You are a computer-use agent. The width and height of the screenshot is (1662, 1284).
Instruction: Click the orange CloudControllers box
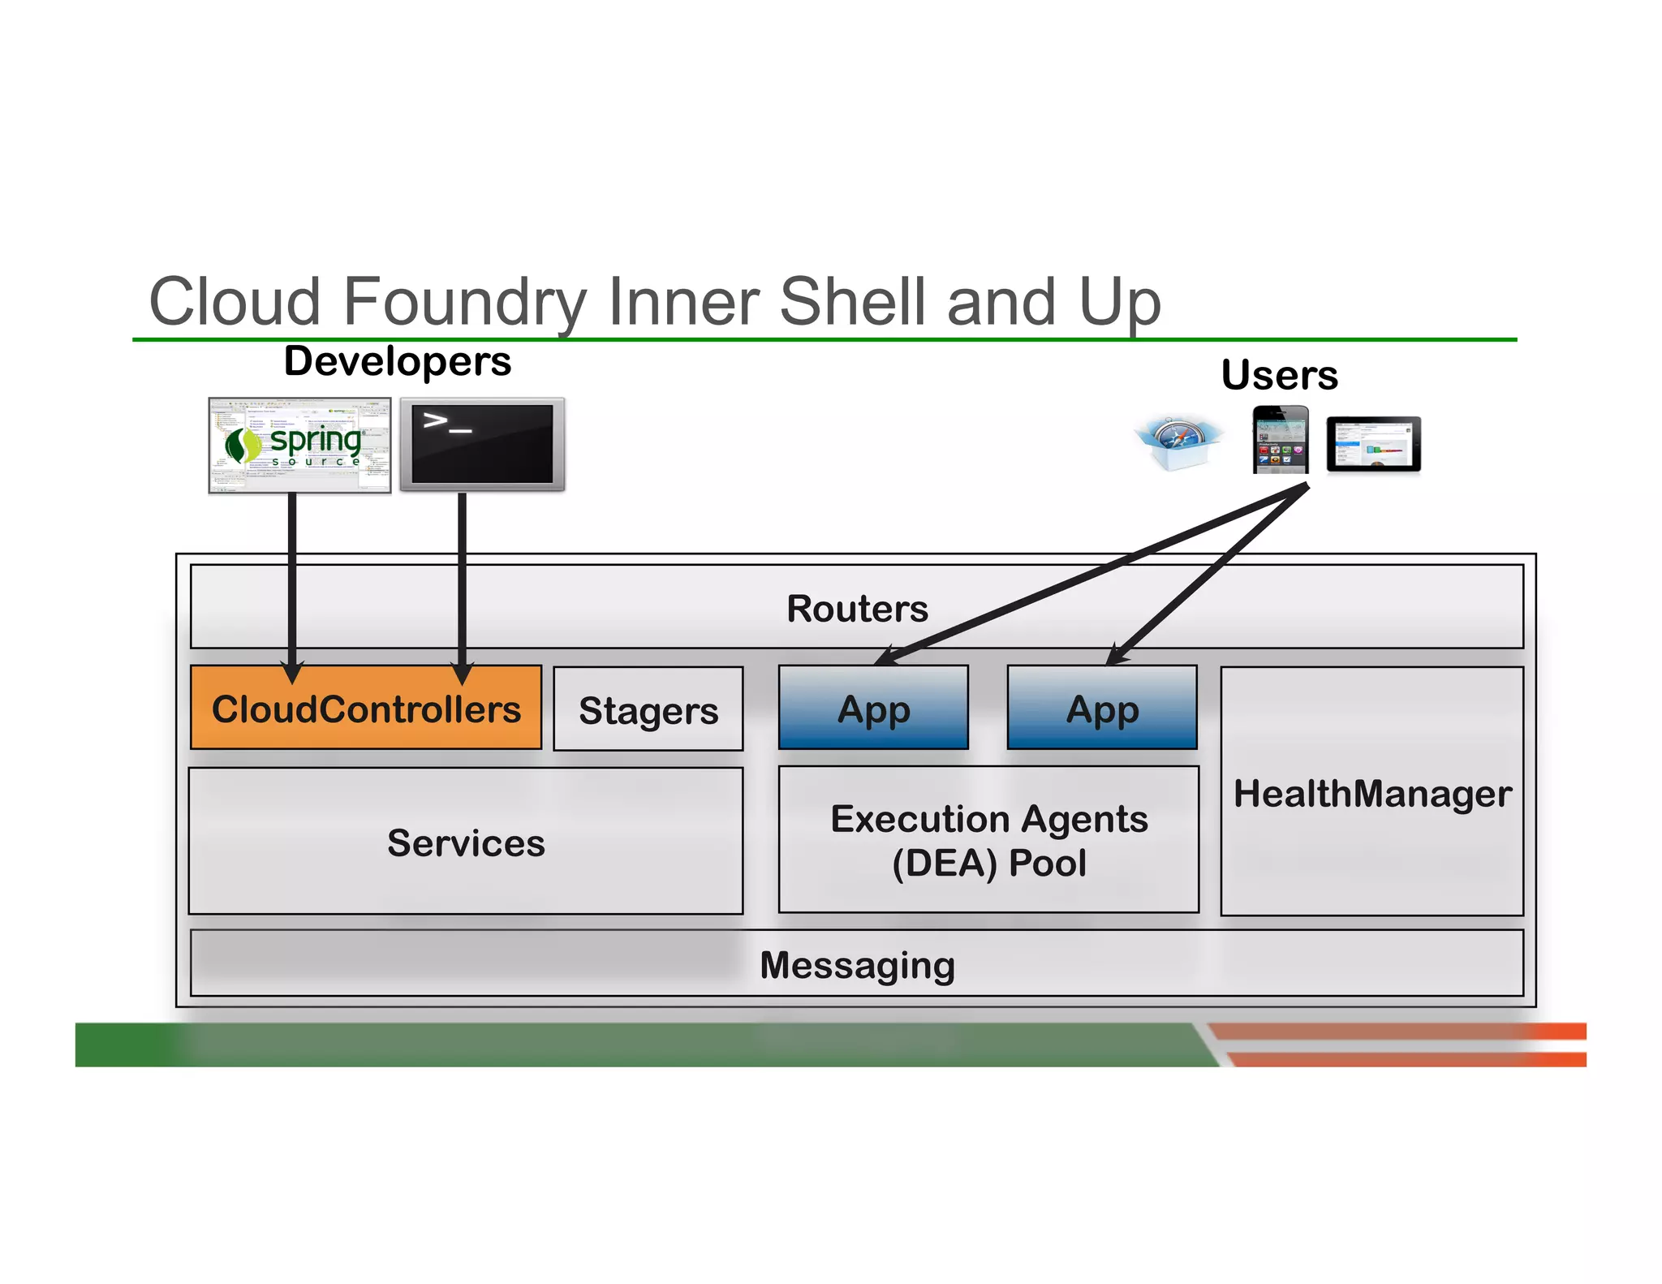click(x=365, y=709)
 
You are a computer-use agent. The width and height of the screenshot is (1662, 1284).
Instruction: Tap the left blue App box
click(x=873, y=709)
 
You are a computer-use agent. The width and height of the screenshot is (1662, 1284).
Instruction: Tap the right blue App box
click(x=1102, y=709)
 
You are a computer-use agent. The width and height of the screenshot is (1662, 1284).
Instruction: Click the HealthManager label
click(x=1372, y=794)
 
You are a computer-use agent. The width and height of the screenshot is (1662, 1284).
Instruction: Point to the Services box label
click(x=466, y=843)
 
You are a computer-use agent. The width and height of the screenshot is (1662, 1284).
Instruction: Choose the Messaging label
click(x=857, y=965)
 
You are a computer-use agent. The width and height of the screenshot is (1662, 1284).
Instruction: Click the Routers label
click(x=857, y=609)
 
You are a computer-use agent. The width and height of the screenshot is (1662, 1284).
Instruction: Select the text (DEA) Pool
click(x=988, y=863)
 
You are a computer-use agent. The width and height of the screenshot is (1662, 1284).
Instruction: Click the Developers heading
click(x=398, y=361)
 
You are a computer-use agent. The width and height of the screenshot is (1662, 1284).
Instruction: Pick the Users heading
click(x=1279, y=375)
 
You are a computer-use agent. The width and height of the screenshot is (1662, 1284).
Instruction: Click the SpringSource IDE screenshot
click(x=299, y=445)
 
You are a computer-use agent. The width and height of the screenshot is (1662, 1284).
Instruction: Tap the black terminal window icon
click(x=482, y=444)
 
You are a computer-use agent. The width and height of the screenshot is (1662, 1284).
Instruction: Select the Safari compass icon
click(x=1177, y=443)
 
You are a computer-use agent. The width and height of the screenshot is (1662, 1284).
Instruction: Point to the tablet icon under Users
click(x=1373, y=445)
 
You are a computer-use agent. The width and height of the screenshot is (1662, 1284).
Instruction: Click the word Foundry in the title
click(x=465, y=302)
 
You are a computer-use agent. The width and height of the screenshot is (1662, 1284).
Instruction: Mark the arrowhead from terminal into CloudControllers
click(x=462, y=672)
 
